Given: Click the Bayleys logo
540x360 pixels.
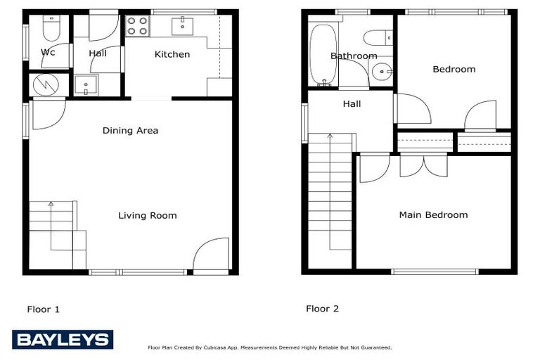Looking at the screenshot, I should point(62,340).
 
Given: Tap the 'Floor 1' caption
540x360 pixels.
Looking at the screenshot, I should point(44,309).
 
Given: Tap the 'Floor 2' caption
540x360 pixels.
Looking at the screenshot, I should point(322,309).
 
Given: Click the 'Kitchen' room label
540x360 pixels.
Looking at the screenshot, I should point(172,54).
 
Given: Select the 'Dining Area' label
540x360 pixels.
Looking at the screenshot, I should point(130,130).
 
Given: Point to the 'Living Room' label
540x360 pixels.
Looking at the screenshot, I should point(147,215).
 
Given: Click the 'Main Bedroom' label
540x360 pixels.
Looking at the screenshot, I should point(433,214).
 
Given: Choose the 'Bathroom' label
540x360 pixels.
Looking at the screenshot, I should point(354,56).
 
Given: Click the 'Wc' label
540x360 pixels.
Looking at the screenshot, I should point(48,53).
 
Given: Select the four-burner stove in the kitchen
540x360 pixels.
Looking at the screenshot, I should point(138,26).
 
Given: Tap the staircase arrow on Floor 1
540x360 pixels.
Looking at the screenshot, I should point(51,205).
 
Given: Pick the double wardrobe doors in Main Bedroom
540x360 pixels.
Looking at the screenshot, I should point(423,165).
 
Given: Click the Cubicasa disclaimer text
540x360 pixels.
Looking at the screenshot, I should point(269,347).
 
